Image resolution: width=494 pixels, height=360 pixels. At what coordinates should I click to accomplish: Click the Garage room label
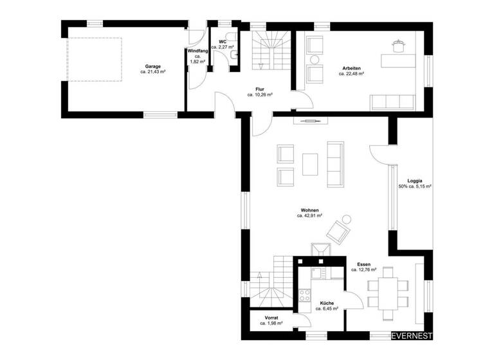point(152,66)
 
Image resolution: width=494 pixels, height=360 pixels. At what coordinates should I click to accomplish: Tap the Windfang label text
point(197,51)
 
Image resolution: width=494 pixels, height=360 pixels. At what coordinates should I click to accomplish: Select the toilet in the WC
point(232,56)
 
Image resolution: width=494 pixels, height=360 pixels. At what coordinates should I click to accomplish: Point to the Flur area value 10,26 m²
point(260,94)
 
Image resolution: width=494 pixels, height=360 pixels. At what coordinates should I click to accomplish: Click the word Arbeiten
point(351,68)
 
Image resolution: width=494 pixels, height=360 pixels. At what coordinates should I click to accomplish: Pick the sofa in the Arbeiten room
point(392,101)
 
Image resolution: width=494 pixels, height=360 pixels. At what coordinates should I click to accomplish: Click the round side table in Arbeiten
point(315,60)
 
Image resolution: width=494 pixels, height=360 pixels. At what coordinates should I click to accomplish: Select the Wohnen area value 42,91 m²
point(309,217)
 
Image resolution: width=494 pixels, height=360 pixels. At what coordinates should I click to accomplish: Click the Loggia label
point(414,181)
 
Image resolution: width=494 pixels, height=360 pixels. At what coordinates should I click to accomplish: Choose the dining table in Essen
point(387,291)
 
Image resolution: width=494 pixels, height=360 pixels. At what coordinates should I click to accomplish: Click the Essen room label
point(364,264)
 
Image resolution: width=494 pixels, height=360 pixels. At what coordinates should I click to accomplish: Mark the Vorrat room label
point(271,318)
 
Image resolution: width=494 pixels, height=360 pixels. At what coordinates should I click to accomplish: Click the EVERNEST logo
point(412,335)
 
